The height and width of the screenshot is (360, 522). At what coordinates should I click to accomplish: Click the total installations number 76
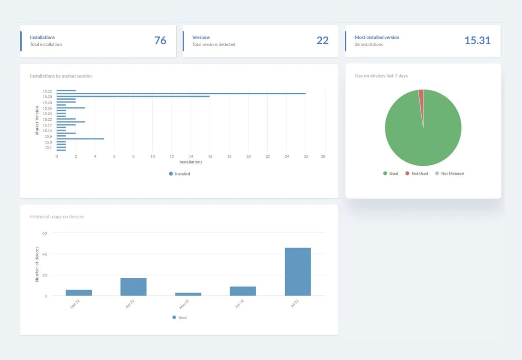coord(160,41)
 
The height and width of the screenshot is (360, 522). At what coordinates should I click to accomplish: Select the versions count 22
coord(322,41)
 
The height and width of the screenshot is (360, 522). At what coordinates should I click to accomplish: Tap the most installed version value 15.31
coord(477,41)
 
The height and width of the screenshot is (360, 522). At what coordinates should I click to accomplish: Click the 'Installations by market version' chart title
coord(61,76)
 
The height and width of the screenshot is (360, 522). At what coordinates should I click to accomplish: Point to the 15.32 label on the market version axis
coord(48,91)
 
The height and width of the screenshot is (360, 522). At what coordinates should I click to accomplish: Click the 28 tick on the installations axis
coord(323,157)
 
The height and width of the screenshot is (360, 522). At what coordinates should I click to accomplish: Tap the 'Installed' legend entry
coord(180,174)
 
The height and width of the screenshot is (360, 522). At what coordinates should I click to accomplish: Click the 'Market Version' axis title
coord(37,120)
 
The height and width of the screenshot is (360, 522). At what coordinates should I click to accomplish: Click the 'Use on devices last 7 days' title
coord(381,76)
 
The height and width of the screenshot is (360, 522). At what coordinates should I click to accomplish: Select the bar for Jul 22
coord(298,272)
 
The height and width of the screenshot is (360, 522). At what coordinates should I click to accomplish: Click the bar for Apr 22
coord(133,287)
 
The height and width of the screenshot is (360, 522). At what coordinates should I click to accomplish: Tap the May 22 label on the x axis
coord(185,304)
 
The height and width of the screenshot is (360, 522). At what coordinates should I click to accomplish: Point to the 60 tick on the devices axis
coord(45,234)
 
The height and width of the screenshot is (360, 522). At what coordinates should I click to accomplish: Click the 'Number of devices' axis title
coord(37,264)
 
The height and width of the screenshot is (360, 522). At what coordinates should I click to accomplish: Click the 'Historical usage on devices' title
coord(57,217)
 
